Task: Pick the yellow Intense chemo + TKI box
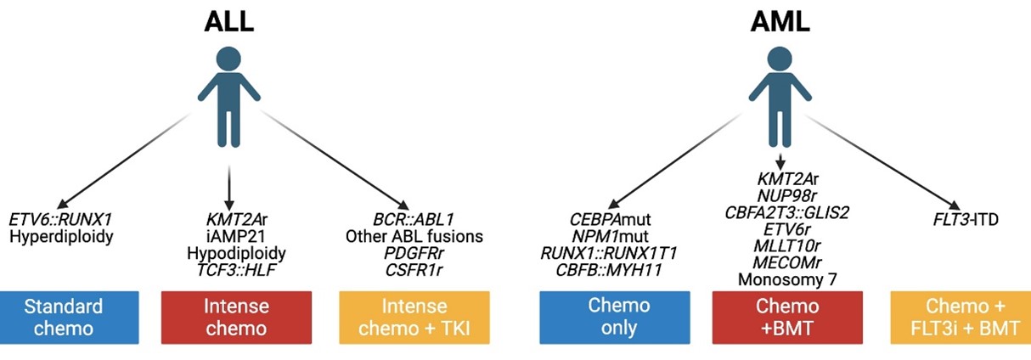click(414, 317)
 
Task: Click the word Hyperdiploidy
click(60, 236)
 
